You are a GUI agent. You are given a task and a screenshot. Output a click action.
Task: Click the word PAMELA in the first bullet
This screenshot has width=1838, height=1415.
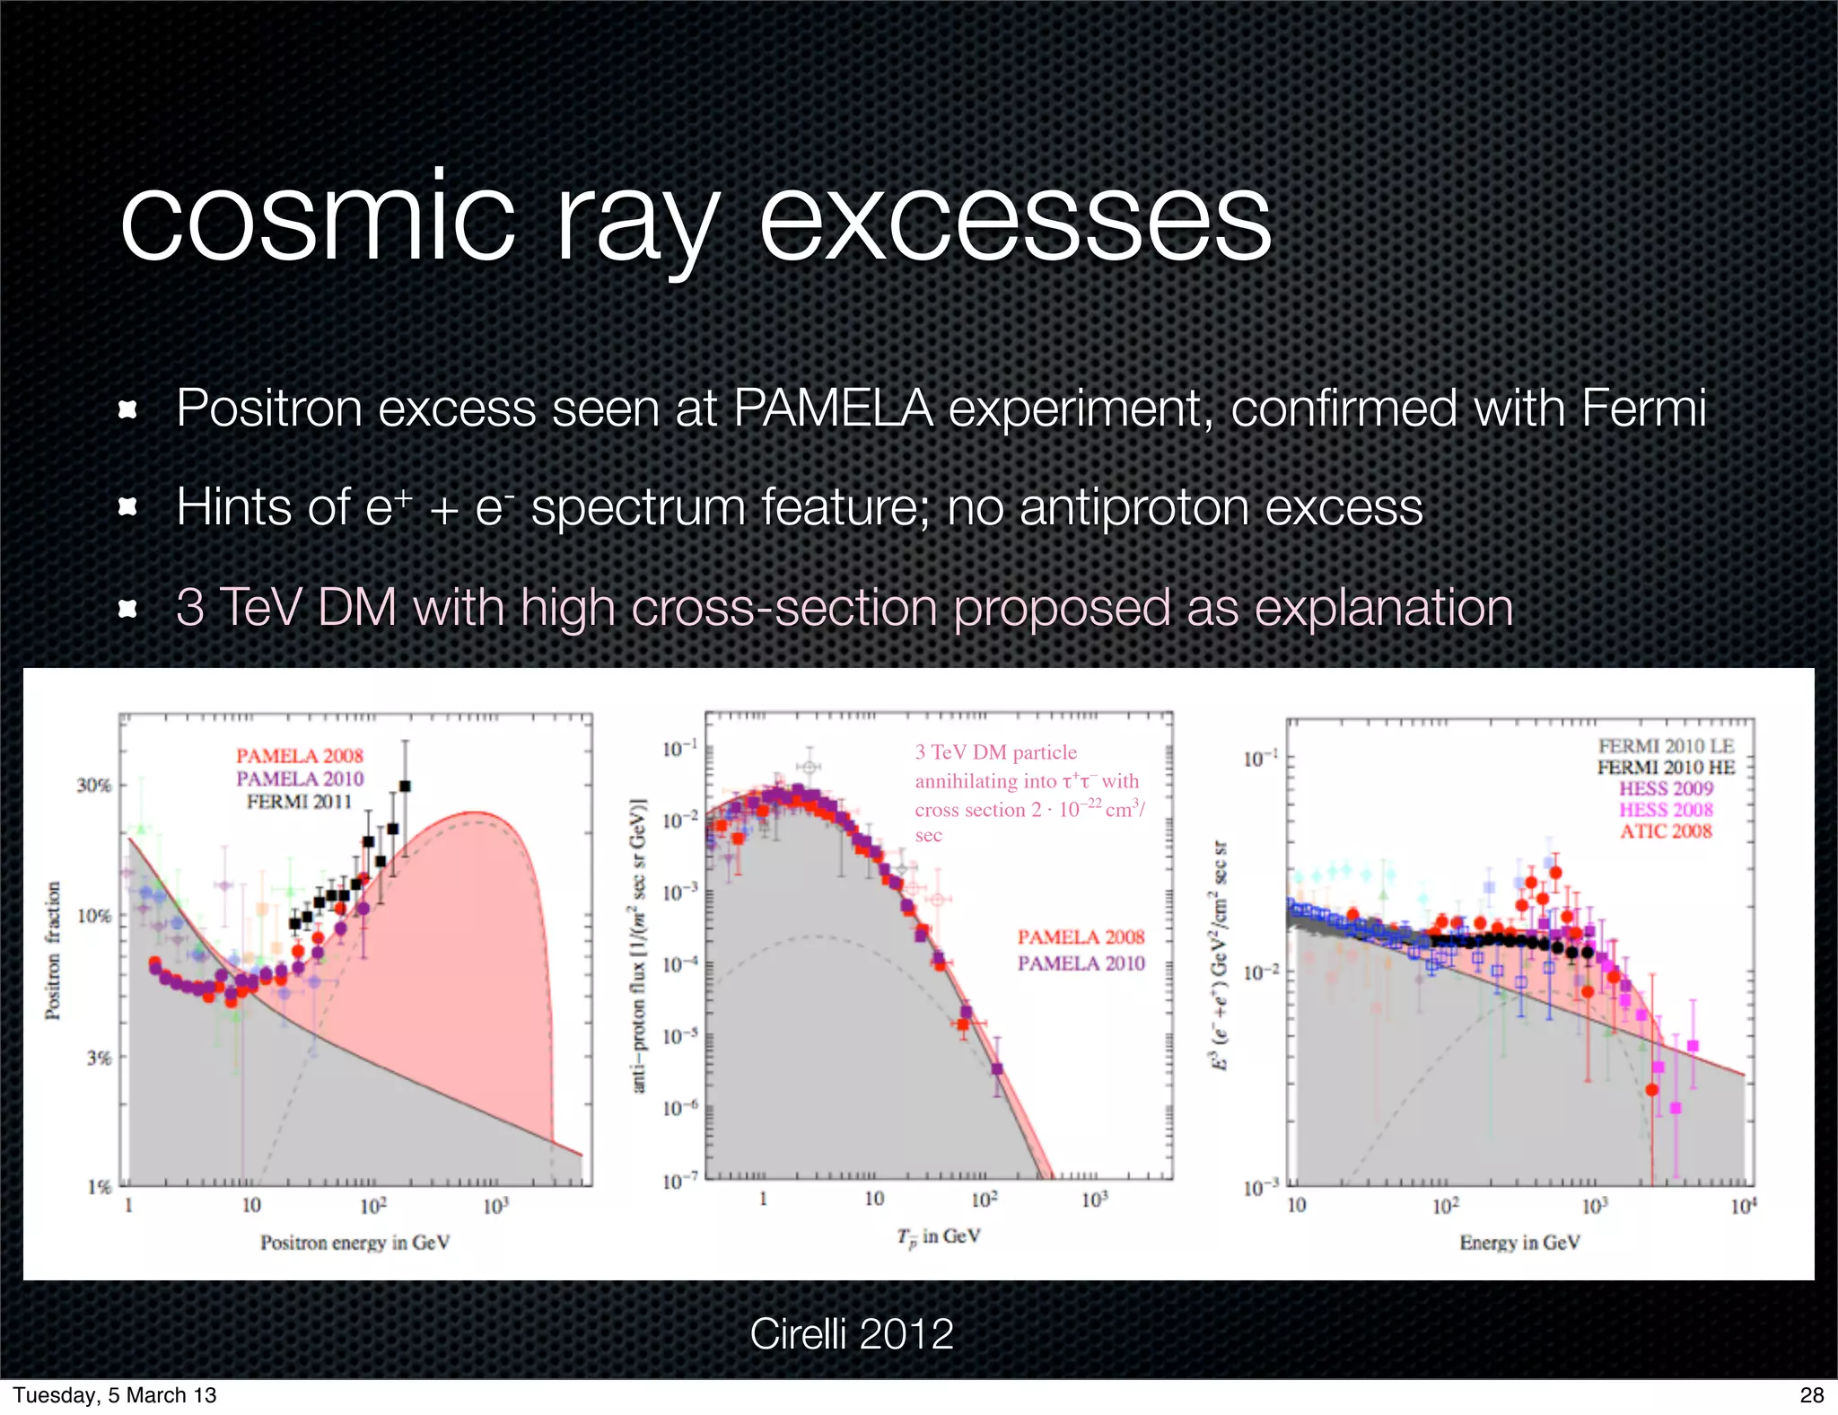(834, 409)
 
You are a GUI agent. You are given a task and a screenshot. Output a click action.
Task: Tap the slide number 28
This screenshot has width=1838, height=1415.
(1811, 1394)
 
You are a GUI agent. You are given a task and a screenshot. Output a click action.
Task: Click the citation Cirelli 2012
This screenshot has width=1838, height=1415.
(851, 1333)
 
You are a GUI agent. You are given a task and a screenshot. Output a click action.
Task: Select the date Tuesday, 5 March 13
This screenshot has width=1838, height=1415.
(115, 1394)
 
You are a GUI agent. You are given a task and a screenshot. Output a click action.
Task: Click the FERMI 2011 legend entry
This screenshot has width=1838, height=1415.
(299, 801)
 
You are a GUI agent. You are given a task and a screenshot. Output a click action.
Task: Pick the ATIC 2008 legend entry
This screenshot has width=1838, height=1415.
(1666, 831)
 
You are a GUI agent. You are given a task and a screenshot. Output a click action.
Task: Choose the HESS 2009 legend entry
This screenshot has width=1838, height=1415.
(1666, 788)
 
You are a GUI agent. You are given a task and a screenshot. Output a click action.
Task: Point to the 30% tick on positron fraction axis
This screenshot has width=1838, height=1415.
(94, 785)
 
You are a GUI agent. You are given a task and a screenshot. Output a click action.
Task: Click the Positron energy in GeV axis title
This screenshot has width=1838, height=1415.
(354, 1242)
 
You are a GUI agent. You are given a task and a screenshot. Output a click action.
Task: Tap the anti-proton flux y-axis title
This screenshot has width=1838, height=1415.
(639, 945)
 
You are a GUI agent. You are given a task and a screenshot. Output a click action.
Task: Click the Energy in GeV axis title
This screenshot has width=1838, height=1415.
(1519, 1242)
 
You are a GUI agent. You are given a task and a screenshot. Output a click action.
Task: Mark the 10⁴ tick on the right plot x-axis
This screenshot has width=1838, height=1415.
(1743, 1206)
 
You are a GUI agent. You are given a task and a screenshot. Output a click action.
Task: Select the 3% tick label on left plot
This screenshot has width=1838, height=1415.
(99, 1058)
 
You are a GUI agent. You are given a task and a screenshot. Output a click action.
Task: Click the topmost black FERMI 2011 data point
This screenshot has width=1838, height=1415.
(405, 786)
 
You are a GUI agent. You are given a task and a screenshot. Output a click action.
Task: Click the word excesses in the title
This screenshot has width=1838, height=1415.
(1015, 220)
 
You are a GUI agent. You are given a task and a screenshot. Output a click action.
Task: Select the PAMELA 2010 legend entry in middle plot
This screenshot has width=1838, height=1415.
(1081, 962)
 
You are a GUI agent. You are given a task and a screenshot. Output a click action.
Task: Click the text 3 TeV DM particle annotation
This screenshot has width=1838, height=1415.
(995, 751)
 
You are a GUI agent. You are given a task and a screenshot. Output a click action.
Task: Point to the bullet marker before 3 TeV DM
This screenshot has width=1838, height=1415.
(128, 609)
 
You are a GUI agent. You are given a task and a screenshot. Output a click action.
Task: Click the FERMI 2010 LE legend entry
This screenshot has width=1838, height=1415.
(1666, 745)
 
